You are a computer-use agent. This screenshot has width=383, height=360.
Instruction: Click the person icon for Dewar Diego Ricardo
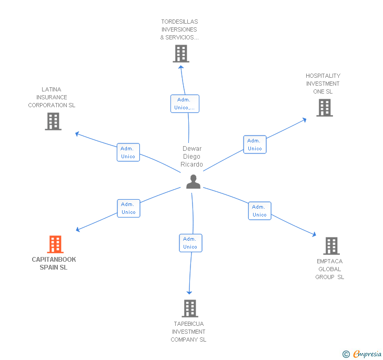coord(194,181)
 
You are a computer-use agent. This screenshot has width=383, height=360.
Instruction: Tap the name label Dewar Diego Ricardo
coord(192,157)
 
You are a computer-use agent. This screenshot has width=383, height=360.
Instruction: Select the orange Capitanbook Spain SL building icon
coord(55,244)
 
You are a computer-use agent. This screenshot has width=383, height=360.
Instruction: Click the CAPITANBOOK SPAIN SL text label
coord(54,263)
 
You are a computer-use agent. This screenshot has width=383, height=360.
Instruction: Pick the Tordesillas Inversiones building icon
coord(181,54)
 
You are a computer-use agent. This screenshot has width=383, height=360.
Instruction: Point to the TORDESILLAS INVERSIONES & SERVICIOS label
coord(180,30)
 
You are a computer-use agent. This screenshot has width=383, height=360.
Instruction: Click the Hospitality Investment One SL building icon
coord(325,108)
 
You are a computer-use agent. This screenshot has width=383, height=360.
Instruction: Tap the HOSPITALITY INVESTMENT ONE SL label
coord(323,84)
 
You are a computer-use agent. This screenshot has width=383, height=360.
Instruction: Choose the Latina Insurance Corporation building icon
coord(53,121)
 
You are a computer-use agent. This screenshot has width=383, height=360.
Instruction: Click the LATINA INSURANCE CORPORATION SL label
coord(52,97)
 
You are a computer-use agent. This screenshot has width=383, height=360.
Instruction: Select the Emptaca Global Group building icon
coord(331,245)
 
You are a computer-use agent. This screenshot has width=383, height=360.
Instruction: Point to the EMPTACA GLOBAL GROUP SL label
coord(330,269)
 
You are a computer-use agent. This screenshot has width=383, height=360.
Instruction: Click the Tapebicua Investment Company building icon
coord(190,308)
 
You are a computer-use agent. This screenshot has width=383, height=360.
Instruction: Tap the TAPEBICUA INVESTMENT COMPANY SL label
coord(188,332)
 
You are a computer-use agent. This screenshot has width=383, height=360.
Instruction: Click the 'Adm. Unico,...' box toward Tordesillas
coord(185,104)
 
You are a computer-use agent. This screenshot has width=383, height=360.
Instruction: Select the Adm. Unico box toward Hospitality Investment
coord(255,145)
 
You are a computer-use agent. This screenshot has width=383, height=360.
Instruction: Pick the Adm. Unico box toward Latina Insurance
coord(128,152)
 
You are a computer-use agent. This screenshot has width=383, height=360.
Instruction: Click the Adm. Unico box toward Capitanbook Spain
coord(128,208)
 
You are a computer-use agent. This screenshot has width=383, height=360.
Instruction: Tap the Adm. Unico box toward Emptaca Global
coord(259,211)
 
